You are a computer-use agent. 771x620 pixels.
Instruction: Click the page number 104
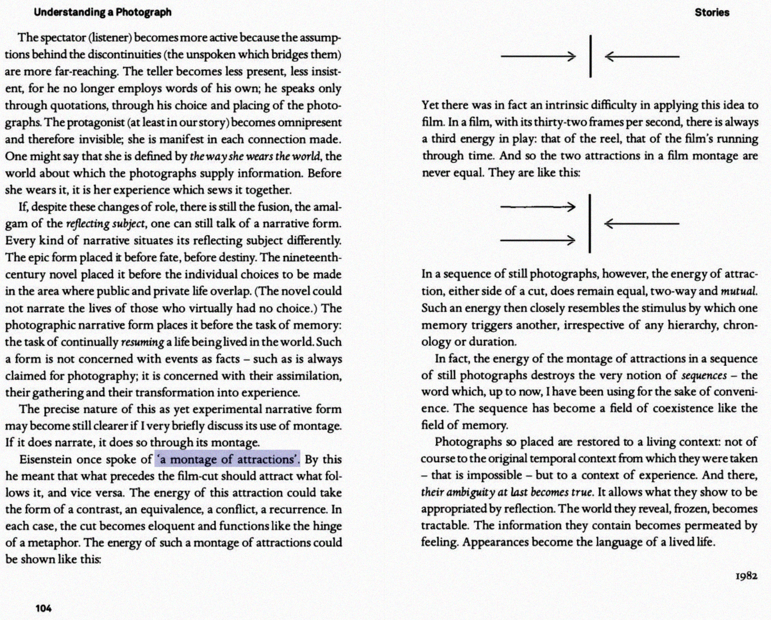click(x=43, y=608)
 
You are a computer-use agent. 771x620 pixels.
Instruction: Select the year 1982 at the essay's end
click(x=746, y=576)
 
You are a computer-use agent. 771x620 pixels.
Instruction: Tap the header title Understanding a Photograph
click(x=102, y=12)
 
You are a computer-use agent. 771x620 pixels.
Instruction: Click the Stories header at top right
click(x=712, y=12)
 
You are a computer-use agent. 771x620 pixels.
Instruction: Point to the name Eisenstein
click(x=45, y=460)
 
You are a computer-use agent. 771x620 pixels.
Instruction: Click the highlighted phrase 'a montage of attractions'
click(x=227, y=460)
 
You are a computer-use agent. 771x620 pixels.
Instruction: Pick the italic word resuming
click(x=142, y=342)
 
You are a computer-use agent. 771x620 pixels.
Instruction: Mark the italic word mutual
click(x=739, y=292)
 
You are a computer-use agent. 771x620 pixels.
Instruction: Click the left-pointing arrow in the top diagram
click(x=642, y=57)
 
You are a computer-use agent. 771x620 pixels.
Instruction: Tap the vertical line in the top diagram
click(x=590, y=56)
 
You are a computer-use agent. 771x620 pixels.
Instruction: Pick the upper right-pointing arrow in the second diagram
click(x=538, y=207)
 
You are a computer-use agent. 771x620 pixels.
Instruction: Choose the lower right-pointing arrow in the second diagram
click(x=538, y=240)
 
